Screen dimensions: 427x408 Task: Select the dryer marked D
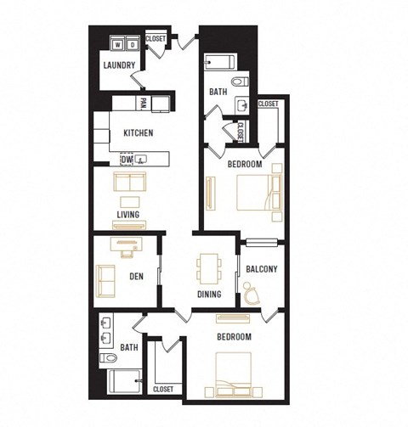(133, 44)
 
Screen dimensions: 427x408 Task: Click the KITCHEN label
(138, 133)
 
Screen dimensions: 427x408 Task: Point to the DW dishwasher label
(126, 159)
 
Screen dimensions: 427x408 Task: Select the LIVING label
(129, 215)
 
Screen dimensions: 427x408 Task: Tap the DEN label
(134, 275)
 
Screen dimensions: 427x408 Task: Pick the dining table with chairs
(207, 269)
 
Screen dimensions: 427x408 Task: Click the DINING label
(208, 295)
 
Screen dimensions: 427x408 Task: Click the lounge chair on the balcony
(252, 294)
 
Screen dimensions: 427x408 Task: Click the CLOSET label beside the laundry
(156, 38)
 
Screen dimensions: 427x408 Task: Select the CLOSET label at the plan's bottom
(163, 389)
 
